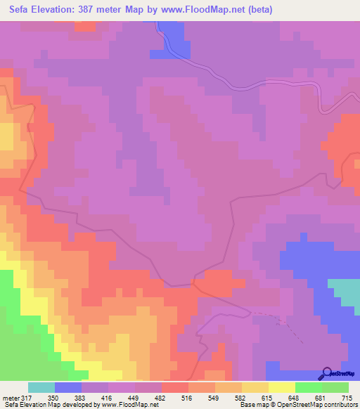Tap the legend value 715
(346, 398)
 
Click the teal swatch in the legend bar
(41, 387)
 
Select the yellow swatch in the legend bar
(281, 387)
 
